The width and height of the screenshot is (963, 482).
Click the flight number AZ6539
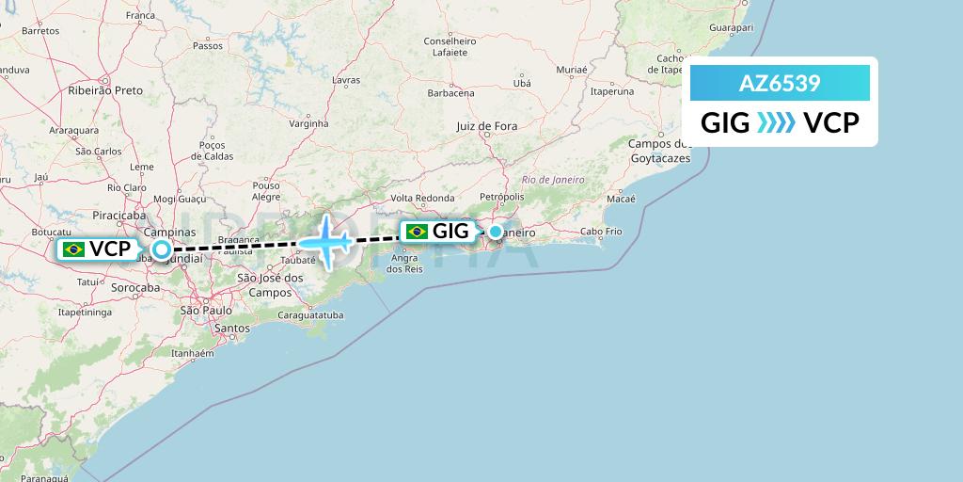tap(780, 84)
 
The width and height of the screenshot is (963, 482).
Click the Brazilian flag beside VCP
tap(73, 249)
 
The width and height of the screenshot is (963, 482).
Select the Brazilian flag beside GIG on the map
tap(416, 232)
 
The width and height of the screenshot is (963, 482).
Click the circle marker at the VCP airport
tap(163, 249)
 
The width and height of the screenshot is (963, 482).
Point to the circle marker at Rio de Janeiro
tap(496, 232)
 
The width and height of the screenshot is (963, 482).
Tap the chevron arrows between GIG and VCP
tap(777, 123)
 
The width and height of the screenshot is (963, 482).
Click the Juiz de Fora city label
tap(486, 126)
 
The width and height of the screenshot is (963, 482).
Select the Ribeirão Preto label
tap(105, 90)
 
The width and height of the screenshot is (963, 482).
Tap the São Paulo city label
tap(205, 310)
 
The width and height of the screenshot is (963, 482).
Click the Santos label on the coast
tap(232, 328)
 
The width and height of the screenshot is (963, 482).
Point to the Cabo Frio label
tap(601, 232)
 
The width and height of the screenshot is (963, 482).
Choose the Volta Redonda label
tap(422, 198)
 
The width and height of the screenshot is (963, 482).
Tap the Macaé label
tap(622, 199)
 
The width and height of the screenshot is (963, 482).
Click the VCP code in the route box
tap(831, 123)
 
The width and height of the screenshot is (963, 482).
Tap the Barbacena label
tap(450, 93)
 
